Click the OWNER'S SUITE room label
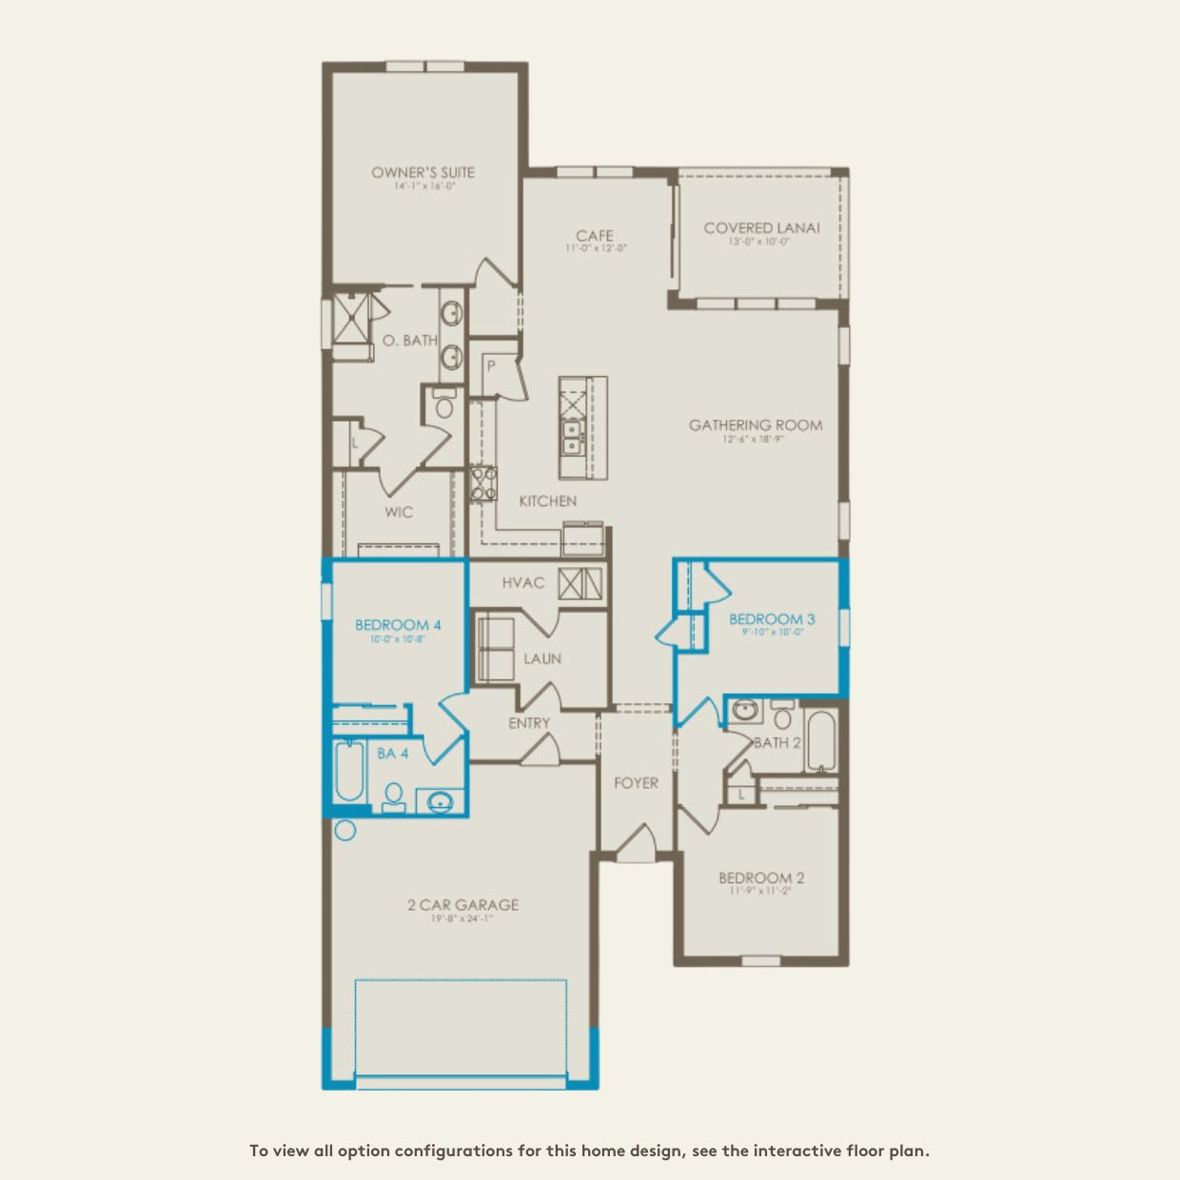click(x=423, y=172)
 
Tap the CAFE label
click(x=594, y=235)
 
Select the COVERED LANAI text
click(x=761, y=227)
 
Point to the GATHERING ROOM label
click(x=756, y=425)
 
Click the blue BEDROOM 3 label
click(x=772, y=619)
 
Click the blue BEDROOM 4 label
click(x=398, y=625)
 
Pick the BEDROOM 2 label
click(x=761, y=877)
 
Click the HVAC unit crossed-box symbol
click(x=580, y=582)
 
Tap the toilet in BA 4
click(x=393, y=797)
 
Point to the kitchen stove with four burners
click(x=483, y=483)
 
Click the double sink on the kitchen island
click(x=573, y=439)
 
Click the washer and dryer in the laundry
click(x=494, y=649)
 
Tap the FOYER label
click(x=636, y=783)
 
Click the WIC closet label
click(x=399, y=512)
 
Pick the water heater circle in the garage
click(x=344, y=830)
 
